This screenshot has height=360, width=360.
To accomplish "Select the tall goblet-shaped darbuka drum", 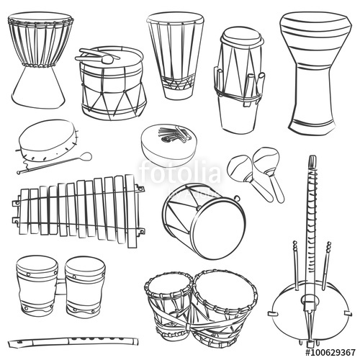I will [x=311, y=72].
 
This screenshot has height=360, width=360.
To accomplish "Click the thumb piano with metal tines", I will [x=166, y=144].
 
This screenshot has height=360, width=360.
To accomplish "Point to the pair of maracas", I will [x=256, y=173].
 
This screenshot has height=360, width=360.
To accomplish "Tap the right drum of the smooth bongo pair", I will [x=84, y=288].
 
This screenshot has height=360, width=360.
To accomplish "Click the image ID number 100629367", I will [x=330, y=353].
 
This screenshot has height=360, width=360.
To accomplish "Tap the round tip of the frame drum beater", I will [x=86, y=156].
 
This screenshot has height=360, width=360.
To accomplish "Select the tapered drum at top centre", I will [x=175, y=54].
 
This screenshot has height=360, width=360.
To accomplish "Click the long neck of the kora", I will [x=311, y=209].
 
